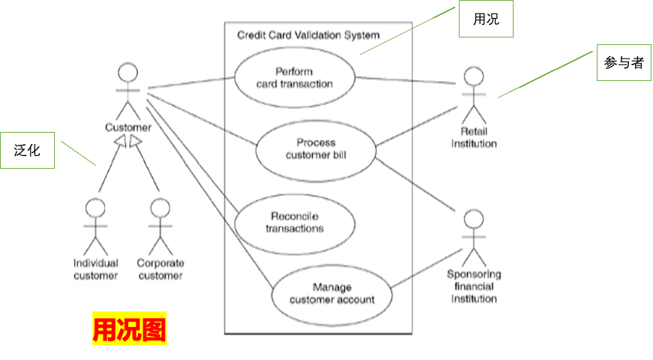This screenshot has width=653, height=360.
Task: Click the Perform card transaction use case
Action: pos(294,77)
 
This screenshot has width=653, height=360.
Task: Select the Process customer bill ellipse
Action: pos(316,148)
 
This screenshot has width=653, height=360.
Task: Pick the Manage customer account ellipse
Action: pos(331,293)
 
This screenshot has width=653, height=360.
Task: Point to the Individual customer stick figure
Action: pos(95,226)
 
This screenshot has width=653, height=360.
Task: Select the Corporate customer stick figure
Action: pos(160,226)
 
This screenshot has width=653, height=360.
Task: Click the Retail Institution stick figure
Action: pos(473,97)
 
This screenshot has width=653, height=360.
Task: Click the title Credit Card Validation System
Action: pos(308,34)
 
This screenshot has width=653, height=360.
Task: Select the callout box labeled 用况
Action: pos(486,19)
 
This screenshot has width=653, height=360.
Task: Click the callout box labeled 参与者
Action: pos(624,63)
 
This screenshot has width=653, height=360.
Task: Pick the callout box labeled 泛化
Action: pos(27,150)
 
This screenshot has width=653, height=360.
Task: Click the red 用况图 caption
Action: pos(129,328)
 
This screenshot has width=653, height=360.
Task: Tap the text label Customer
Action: pos(128,127)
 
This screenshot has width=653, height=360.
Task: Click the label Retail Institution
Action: pos(474,138)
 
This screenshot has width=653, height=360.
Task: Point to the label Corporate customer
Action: pos(160,269)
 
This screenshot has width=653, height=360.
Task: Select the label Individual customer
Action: pos(95,269)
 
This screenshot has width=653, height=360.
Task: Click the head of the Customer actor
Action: pos(128,73)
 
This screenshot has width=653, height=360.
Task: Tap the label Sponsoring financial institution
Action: pos(474,286)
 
